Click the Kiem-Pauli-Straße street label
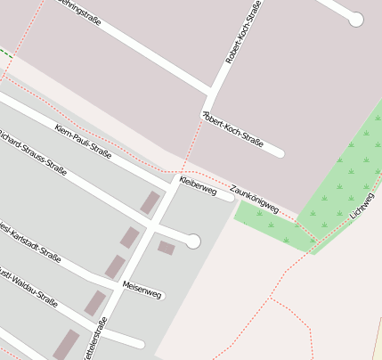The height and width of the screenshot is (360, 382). click(x=83, y=142)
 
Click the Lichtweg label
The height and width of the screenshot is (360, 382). click(x=362, y=206)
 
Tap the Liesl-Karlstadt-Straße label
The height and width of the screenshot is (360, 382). click(x=29, y=241)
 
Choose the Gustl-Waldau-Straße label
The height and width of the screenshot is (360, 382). click(x=27, y=287)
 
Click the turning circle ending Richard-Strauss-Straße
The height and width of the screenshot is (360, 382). click(x=193, y=241)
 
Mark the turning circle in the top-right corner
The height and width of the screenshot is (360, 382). click(x=356, y=19)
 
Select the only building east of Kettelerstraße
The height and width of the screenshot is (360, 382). click(x=167, y=248)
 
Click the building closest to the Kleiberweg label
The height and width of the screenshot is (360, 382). click(x=150, y=203)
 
